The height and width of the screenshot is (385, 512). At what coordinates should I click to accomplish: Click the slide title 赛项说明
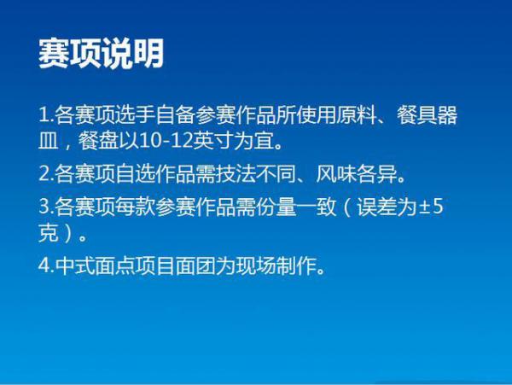click(102, 54)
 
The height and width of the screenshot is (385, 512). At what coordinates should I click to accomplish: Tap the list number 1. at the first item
click(46, 115)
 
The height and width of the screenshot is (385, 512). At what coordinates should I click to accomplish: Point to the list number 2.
click(46, 173)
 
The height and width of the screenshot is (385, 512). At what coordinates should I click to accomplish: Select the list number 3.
click(46, 207)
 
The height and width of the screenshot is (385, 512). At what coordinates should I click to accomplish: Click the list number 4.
click(46, 265)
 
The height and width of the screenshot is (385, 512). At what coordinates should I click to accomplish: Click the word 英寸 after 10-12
click(212, 142)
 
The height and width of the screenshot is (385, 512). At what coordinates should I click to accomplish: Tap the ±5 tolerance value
click(431, 207)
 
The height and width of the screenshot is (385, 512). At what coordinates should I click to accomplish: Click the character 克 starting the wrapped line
click(49, 233)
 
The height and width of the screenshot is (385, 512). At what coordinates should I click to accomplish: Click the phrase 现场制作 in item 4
click(276, 265)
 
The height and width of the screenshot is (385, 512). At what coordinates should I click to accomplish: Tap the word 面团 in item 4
click(195, 265)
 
